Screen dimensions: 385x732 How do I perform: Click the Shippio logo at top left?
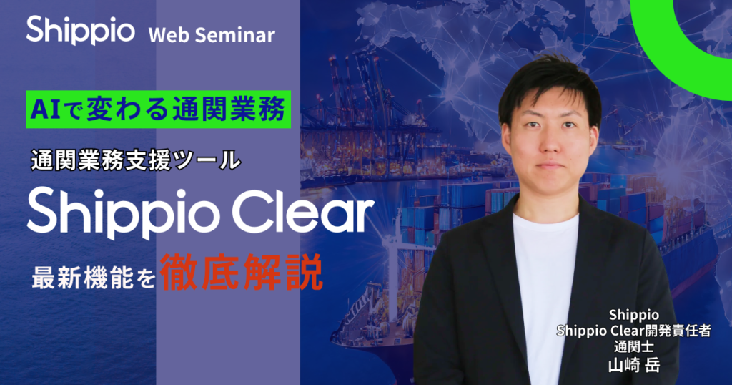coord(81,31)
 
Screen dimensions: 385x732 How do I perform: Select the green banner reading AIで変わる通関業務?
coord(158,110)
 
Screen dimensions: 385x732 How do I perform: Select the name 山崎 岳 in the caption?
coord(633,364)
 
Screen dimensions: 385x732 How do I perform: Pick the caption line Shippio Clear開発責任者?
coord(633,331)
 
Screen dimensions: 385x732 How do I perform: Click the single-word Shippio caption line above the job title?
coord(633,316)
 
